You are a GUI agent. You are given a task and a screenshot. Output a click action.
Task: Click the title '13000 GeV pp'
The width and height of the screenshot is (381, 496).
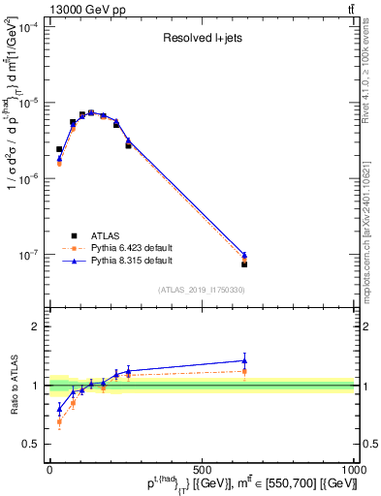click(44, 9)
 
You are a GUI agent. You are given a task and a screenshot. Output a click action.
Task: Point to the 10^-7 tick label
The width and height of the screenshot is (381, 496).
click(29, 255)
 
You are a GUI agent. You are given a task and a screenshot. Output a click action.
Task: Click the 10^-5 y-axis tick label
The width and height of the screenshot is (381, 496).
click(29, 103)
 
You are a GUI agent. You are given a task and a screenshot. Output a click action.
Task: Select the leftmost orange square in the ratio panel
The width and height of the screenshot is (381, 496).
click(59, 421)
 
